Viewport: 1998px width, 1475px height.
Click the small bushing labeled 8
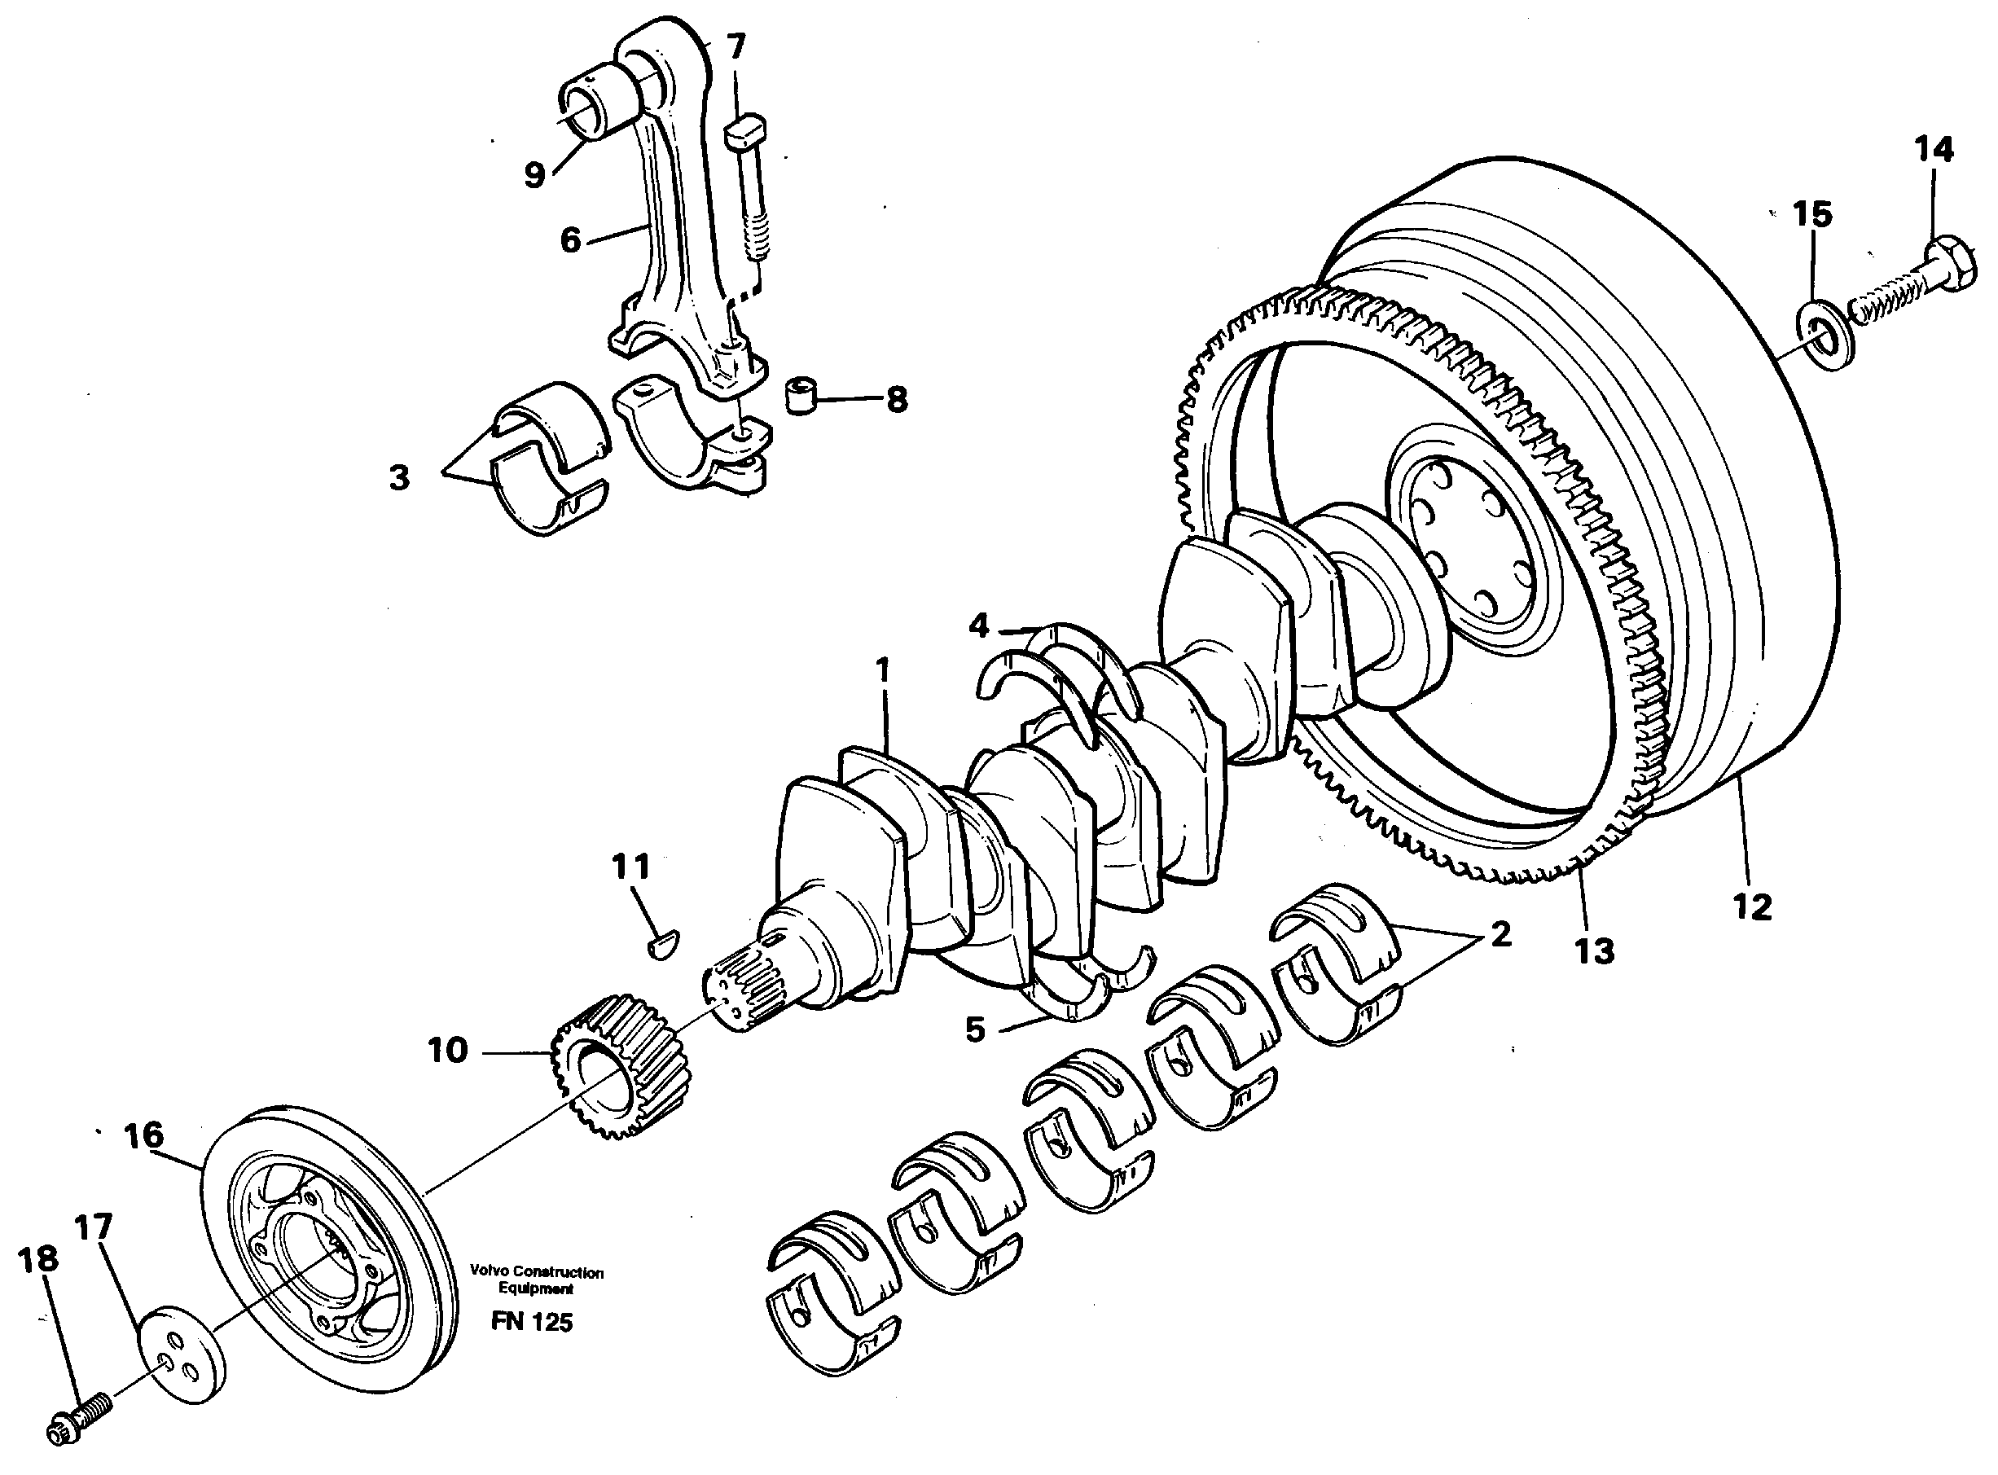point(801,396)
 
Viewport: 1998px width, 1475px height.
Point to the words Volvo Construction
point(538,1272)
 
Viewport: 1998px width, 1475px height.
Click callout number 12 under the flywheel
point(1750,907)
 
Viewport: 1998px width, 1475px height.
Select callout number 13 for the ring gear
point(1595,952)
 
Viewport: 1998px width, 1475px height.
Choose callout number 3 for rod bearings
point(399,477)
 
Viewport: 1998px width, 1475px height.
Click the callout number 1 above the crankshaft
point(883,669)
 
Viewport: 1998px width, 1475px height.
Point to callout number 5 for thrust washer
point(975,1029)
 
